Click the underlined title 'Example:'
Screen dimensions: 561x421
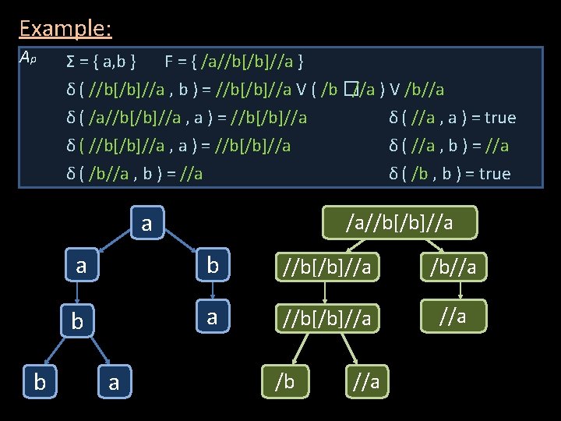(x=65, y=29)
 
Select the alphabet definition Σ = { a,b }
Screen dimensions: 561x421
(x=102, y=61)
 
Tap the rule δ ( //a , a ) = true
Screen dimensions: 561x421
(x=452, y=118)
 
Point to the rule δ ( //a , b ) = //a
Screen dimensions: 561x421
(x=449, y=146)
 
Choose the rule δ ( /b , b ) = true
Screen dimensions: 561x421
(x=450, y=173)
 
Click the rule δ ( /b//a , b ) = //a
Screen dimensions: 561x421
(x=135, y=173)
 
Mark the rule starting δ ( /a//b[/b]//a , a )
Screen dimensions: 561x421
(x=187, y=118)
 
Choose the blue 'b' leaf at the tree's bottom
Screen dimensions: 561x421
(x=37, y=381)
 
